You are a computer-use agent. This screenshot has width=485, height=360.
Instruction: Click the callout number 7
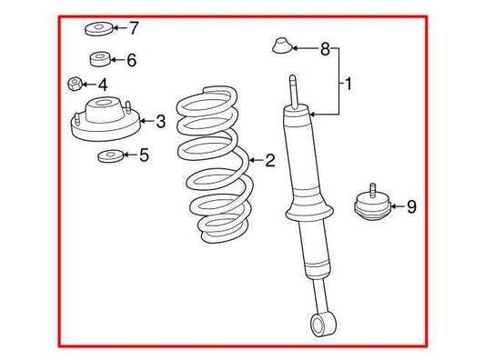(x=134, y=27)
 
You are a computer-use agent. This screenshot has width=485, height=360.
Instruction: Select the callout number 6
(x=131, y=61)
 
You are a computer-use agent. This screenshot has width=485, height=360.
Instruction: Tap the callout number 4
(x=102, y=85)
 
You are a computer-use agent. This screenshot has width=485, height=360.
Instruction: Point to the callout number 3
(x=160, y=121)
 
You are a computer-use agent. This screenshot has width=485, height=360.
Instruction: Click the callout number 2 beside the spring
(x=269, y=162)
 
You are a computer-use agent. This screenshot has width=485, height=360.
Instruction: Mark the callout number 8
(x=324, y=48)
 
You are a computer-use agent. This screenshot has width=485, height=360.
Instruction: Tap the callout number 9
(x=411, y=207)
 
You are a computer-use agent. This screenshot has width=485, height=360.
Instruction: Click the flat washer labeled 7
(x=97, y=28)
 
